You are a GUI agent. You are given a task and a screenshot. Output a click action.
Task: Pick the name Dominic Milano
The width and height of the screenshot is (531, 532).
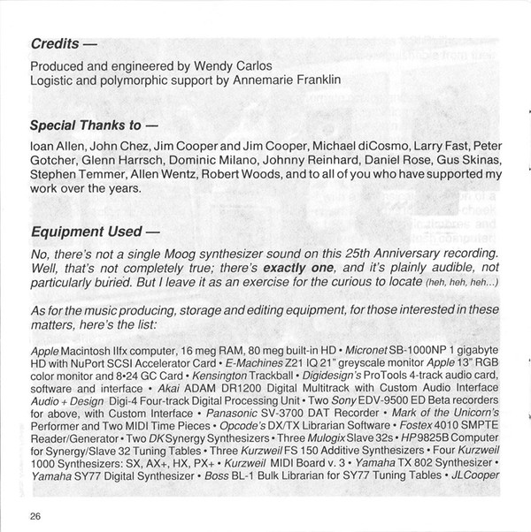click(221, 161)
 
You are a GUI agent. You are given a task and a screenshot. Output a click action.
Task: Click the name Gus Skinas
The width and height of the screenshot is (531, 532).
click(472, 161)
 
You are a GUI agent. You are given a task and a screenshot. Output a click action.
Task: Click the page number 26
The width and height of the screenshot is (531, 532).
click(35, 516)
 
